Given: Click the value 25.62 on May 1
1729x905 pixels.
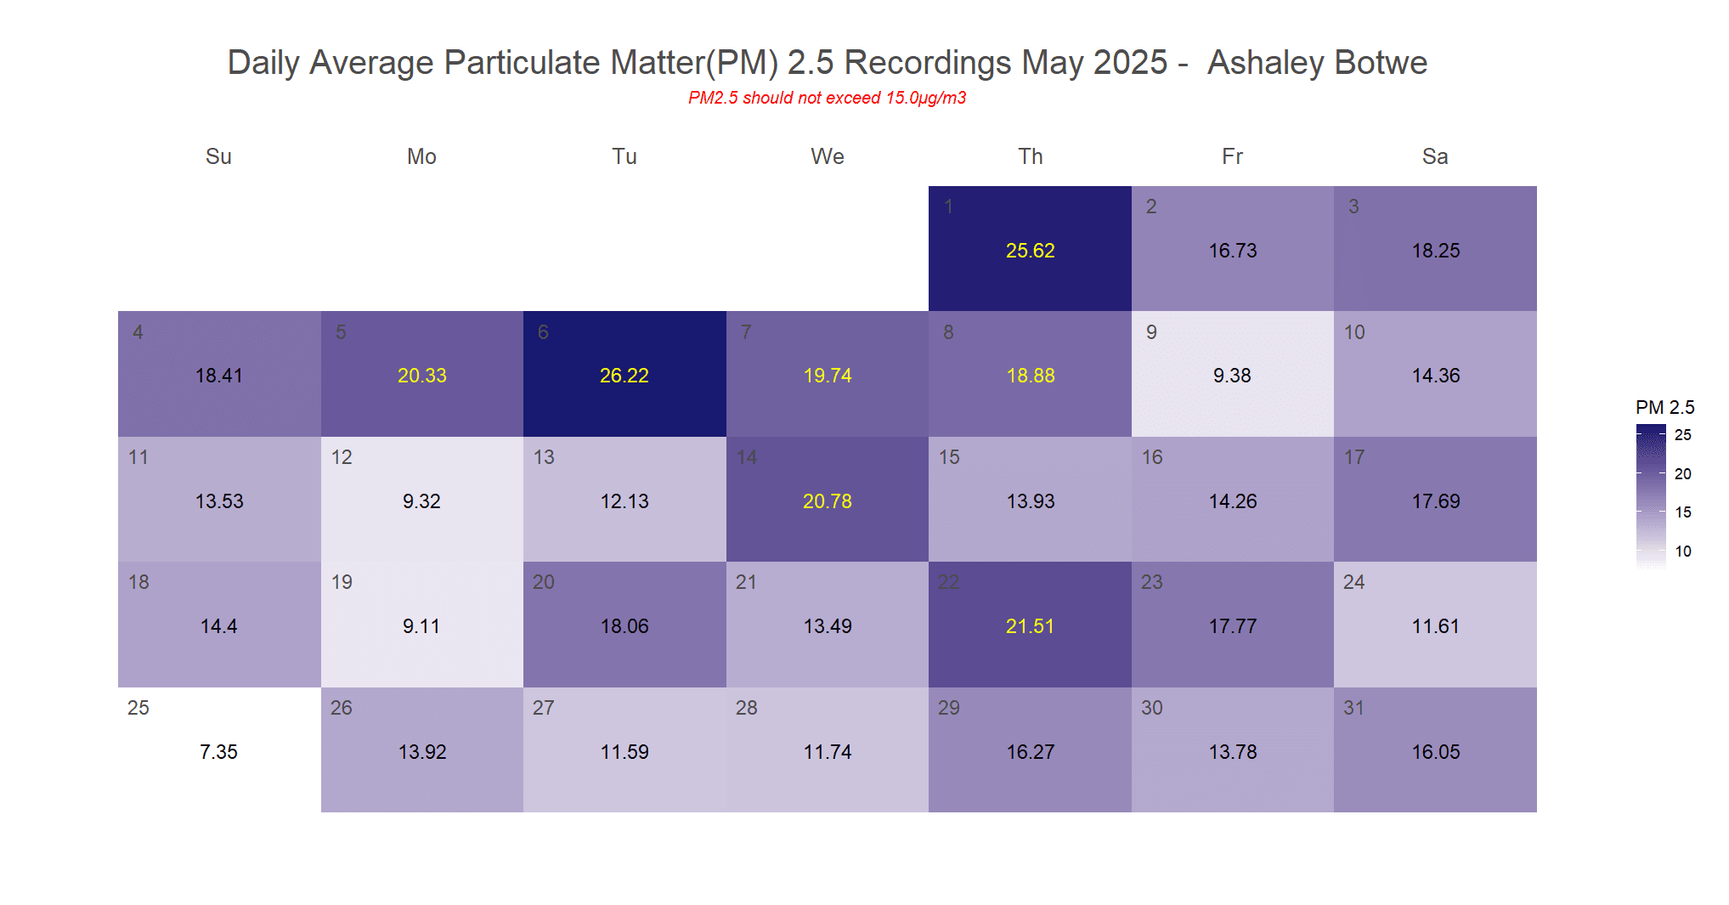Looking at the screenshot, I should click(1030, 251).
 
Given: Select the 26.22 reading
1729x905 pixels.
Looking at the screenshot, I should click(624, 376).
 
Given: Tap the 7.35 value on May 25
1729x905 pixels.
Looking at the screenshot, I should click(218, 752).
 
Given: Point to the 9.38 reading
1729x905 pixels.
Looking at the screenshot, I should click(1232, 376).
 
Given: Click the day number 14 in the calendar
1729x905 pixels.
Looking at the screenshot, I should click(747, 457).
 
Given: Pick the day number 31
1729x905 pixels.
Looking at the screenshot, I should click(1354, 708).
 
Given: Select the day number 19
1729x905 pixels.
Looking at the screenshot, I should click(342, 582).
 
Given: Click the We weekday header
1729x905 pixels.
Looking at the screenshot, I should click(828, 156).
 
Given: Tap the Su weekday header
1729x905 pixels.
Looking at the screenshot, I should click(218, 156).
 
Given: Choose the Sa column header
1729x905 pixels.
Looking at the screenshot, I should click(1435, 156).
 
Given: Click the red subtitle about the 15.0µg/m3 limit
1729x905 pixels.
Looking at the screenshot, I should click(827, 98).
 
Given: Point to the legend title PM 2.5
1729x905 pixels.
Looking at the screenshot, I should click(1664, 407).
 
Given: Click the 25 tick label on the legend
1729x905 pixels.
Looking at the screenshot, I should click(1682, 435).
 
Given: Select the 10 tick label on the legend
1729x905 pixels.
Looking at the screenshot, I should click(1682, 551).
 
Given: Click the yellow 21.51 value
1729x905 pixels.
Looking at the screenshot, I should click(1030, 626).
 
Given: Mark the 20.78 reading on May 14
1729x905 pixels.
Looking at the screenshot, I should click(828, 501).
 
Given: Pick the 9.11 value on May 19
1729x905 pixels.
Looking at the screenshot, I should click(421, 626).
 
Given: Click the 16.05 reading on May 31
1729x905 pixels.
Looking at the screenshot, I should click(1436, 752).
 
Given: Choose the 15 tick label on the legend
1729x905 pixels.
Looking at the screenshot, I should click(1682, 512).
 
